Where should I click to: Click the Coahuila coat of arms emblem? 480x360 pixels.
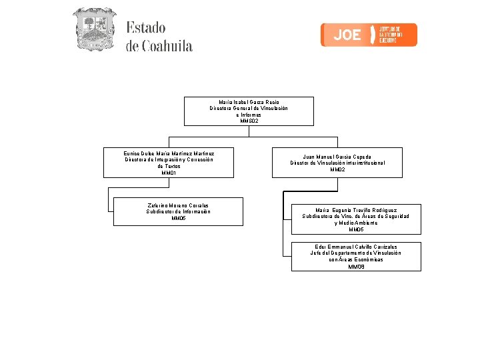tap(94, 29)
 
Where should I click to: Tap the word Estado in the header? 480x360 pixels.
tap(146, 28)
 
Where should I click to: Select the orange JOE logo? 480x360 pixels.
tap(369, 35)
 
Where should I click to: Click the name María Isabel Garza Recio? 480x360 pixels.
tap(249, 101)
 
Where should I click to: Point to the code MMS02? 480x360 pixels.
tap(249, 121)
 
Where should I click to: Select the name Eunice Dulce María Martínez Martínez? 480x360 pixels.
tap(169, 153)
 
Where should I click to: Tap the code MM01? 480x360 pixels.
tap(169, 173)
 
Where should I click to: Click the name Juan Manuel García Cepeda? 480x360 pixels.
tap(337, 157)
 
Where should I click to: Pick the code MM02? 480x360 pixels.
tap(337, 169)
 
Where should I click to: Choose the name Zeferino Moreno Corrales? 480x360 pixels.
tap(178, 205)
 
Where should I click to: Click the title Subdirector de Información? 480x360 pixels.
tap(178, 211)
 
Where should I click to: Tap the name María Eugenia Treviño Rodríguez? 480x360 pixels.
tap(356, 210)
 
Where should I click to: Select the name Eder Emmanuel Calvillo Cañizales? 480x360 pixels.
tap(356, 247)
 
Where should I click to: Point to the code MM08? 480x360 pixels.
tap(356, 267)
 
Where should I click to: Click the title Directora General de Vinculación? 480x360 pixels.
tap(249, 108)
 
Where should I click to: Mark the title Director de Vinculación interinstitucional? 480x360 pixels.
tap(337, 163)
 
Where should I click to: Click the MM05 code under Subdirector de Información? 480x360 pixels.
tap(178, 218)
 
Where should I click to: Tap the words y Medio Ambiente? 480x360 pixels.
tap(356, 223)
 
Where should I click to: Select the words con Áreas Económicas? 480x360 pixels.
tap(356, 260)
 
